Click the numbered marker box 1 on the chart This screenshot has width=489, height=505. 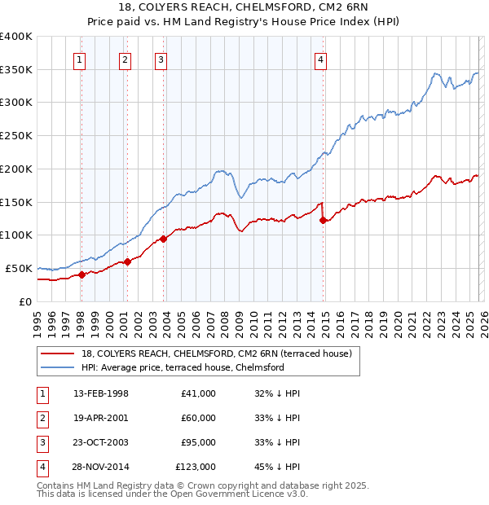80,59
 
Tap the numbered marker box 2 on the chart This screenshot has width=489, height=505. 125,59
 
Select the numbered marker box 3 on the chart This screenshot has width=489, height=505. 161,59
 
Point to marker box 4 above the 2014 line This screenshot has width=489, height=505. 321,59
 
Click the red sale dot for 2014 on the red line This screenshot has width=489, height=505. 324,219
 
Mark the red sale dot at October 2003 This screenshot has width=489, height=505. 164,238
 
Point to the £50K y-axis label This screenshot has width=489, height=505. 19,268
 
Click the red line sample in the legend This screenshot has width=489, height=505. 58,353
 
